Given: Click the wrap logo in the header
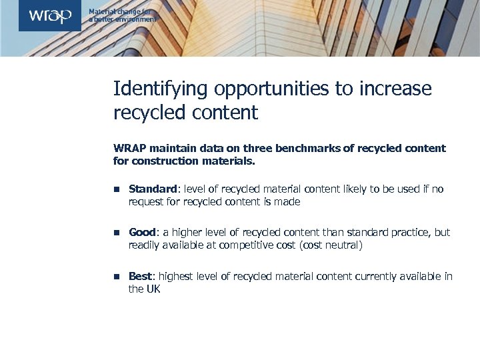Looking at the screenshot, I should point(49,16).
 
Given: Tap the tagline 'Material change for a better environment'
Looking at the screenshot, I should point(123,16).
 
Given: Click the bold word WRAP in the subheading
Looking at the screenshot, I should point(130,148).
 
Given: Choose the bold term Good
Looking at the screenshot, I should point(142,233).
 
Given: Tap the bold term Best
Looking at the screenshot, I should point(140,277).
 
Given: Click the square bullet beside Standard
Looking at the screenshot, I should point(116,190).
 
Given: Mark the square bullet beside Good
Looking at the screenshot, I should point(116,233).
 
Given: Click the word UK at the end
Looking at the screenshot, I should point(153,289).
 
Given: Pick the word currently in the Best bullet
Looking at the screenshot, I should point(369,277).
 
